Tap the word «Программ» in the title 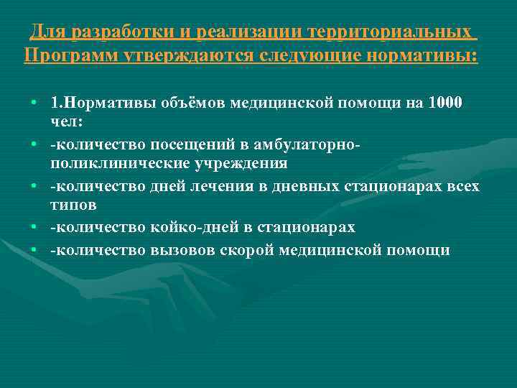(63, 55)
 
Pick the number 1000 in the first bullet (445, 103)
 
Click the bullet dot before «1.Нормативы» (34, 103)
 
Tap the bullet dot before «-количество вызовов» (34, 251)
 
